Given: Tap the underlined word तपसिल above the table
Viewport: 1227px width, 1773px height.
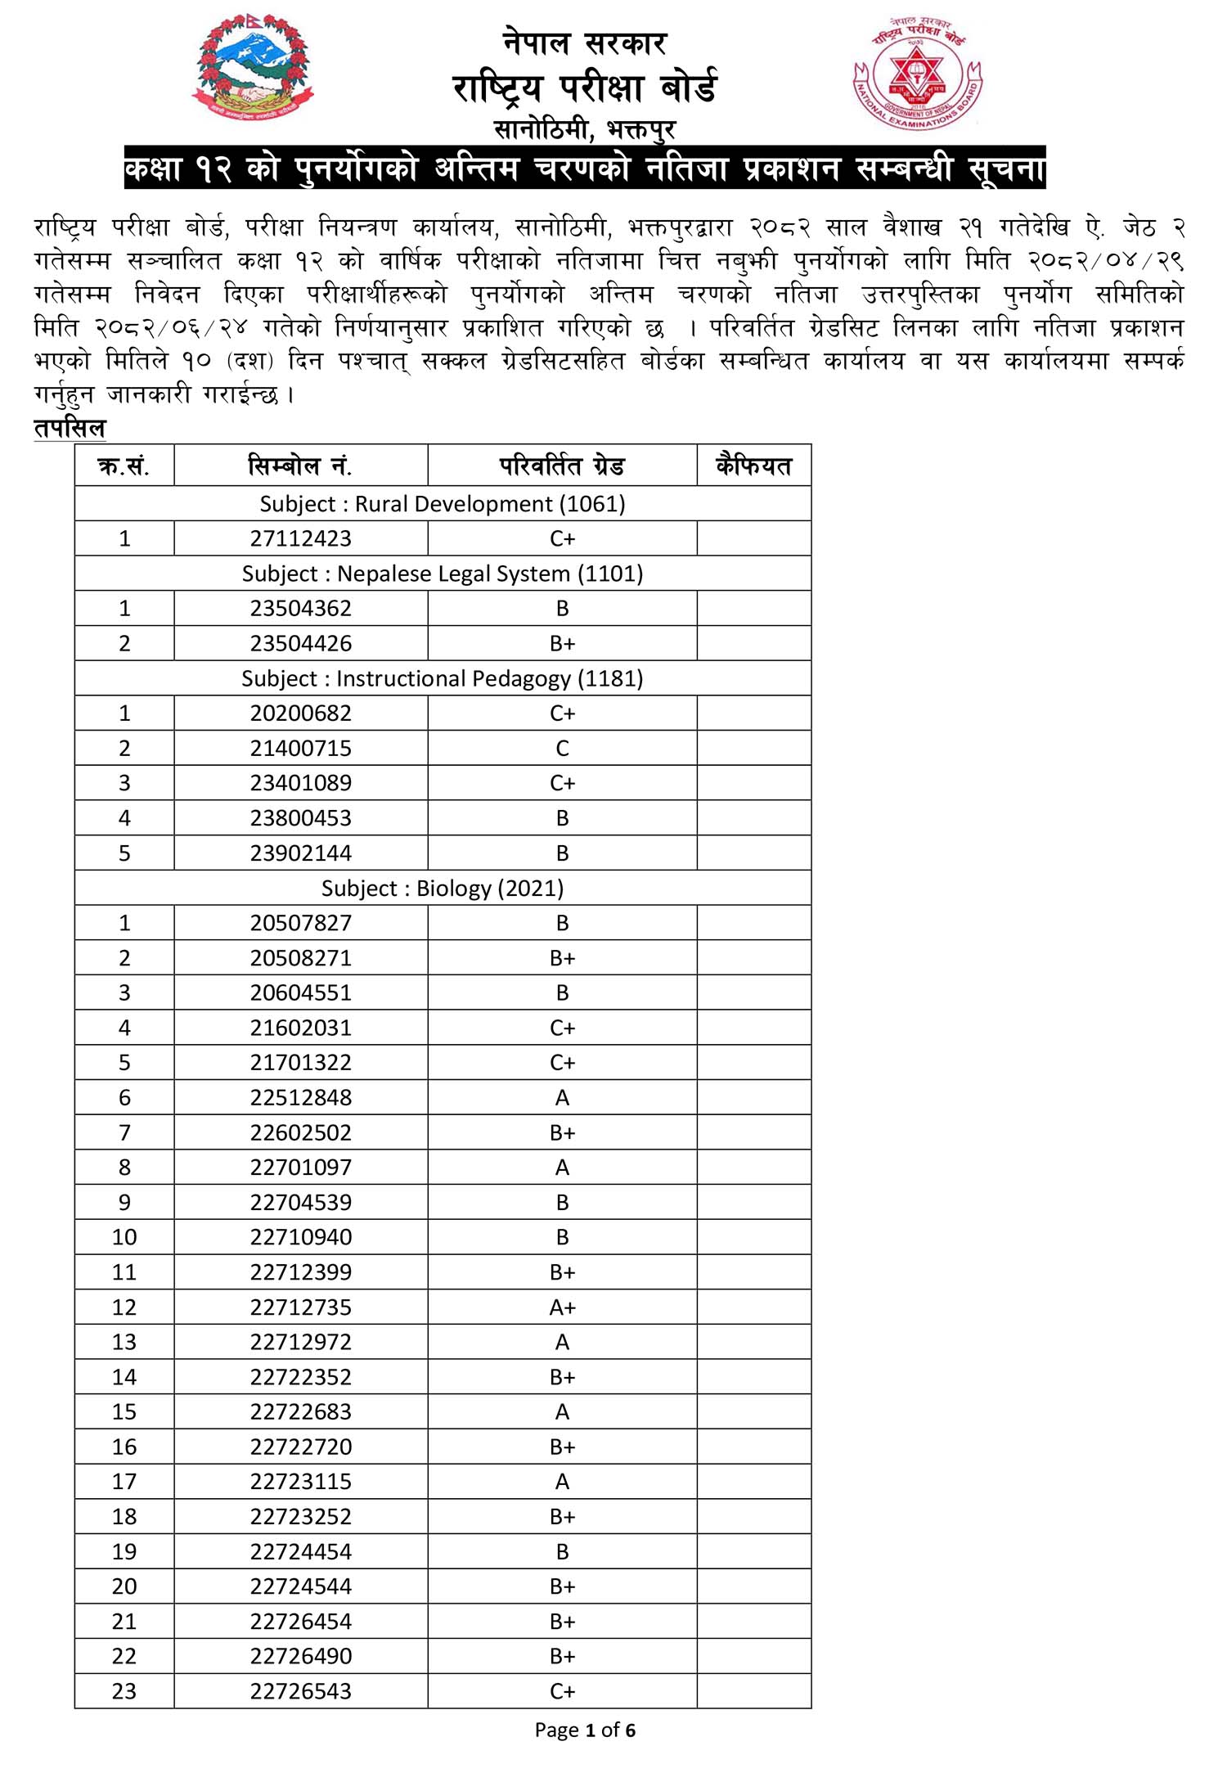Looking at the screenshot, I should coord(70,428).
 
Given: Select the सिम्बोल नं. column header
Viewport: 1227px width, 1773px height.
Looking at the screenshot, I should coord(300,466).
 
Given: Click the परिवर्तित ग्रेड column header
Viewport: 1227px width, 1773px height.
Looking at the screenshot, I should coord(562,466).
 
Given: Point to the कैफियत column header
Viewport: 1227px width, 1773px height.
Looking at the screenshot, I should coord(753,466).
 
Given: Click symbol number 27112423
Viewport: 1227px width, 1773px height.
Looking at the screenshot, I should coord(300,538).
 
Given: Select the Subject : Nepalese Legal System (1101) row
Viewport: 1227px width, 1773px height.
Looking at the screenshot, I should coord(443,574).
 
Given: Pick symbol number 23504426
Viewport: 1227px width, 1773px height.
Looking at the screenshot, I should coord(300,643).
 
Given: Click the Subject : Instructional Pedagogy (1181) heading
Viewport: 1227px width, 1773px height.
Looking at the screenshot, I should coord(443,678).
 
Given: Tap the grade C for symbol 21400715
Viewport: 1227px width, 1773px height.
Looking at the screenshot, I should coord(562,748).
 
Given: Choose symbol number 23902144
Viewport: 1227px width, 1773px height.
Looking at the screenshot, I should coord(300,853).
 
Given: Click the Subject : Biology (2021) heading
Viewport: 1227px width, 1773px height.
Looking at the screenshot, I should coord(443,888).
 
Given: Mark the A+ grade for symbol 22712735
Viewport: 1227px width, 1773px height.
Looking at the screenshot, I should coord(562,1307).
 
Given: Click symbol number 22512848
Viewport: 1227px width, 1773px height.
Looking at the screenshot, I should coord(300,1097).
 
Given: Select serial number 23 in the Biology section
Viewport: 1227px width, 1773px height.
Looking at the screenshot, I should coord(124,1690).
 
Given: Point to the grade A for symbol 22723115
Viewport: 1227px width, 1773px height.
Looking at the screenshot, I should coord(562,1481).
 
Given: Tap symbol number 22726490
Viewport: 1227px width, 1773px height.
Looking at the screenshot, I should coord(300,1656).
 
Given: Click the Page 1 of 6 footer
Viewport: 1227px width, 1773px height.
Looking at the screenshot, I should coord(585,1730).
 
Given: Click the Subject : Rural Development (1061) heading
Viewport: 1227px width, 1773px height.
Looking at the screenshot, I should coord(443,504).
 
